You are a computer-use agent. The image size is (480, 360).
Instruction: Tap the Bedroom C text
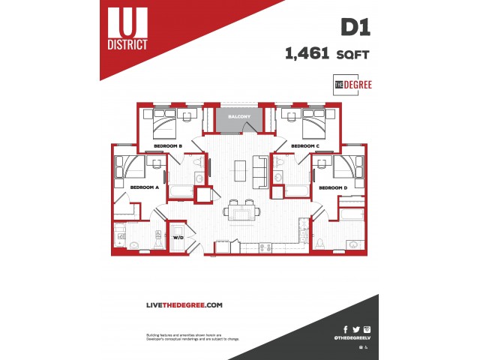(x=305, y=145)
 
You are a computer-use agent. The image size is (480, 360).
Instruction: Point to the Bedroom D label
(x=332, y=187)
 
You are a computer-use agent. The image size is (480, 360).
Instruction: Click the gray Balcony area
(x=239, y=118)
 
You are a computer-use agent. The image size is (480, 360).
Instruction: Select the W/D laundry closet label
(x=178, y=237)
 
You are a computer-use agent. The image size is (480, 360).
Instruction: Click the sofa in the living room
(x=260, y=170)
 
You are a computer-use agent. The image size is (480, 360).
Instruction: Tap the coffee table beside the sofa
(x=239, y=171)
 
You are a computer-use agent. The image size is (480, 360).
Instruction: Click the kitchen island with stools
(x=240, y=214)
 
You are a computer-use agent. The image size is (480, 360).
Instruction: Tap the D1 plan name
(x=355, y=28)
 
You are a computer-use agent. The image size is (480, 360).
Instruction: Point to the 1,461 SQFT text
(x=327, y=53)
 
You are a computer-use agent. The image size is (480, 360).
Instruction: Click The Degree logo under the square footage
(x=352, y=84)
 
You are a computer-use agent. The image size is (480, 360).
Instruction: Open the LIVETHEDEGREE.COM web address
(x=184, y=304)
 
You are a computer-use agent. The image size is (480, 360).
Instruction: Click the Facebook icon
(x=346, y=329)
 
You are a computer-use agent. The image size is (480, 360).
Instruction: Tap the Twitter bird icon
(x=356, y=329)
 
